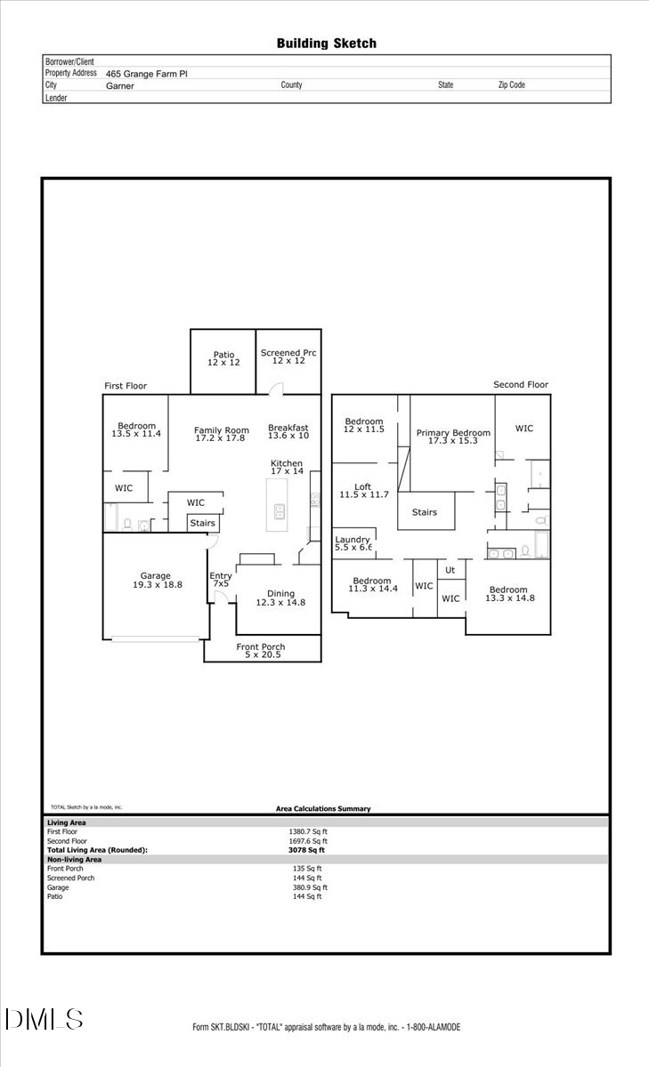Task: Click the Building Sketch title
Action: (326, 43)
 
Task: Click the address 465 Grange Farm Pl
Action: (147, 75)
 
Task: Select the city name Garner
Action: (120, 85)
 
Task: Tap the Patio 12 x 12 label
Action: (223, 358)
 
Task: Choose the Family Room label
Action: (221, 434)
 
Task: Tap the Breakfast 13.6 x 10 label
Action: (288, 431)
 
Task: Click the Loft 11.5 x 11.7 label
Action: (363, 490)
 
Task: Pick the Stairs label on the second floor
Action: (424, 512)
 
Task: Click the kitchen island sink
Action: (279, 511)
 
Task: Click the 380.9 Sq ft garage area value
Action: (310, 887)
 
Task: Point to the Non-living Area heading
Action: (74, 860)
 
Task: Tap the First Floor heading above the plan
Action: (126, 386)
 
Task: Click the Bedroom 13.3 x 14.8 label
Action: (507, 594)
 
